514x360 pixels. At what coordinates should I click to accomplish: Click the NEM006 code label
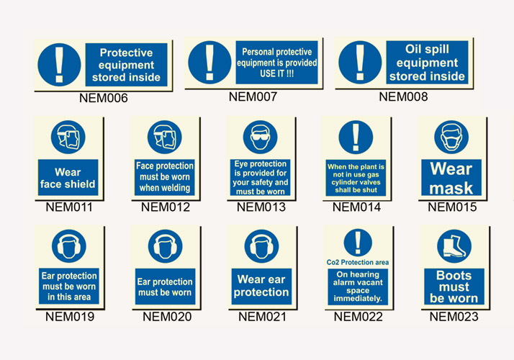[103, 98]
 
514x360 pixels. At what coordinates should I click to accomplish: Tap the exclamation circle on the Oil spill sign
[360, 63]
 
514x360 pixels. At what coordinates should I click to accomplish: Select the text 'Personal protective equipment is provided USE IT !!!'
[276, 63]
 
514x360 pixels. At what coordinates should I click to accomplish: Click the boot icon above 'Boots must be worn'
[454, 246]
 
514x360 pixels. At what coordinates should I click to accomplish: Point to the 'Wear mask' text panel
[451, 177]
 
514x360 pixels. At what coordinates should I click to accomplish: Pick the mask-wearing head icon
[451, 137]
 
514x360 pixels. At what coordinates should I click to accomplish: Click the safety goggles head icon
[261, 137]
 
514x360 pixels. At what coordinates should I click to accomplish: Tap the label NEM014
[356, 207]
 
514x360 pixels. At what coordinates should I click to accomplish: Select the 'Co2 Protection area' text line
[358, 262]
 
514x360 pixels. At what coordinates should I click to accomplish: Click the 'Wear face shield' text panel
[68, 177]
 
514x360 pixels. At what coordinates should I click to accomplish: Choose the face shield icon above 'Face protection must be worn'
[165, 137]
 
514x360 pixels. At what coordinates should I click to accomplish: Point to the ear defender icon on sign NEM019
[69, 246]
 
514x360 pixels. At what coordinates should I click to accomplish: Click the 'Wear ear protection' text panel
[261, 287]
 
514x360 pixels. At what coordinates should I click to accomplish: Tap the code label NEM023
[454, 317]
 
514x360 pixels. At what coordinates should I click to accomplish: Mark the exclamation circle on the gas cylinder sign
[356, 137]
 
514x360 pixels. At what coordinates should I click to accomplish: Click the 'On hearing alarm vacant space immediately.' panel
[358, 287]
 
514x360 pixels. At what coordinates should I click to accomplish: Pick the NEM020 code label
[167, 317]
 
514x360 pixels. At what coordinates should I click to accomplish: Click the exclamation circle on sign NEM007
[209, 63]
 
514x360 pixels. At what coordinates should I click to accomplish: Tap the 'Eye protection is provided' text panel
[261, 177]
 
